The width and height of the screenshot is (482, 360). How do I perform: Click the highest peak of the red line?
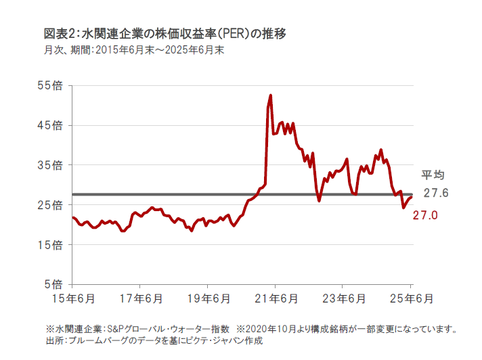point(271,95)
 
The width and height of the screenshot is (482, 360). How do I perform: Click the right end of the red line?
point(412,196)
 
